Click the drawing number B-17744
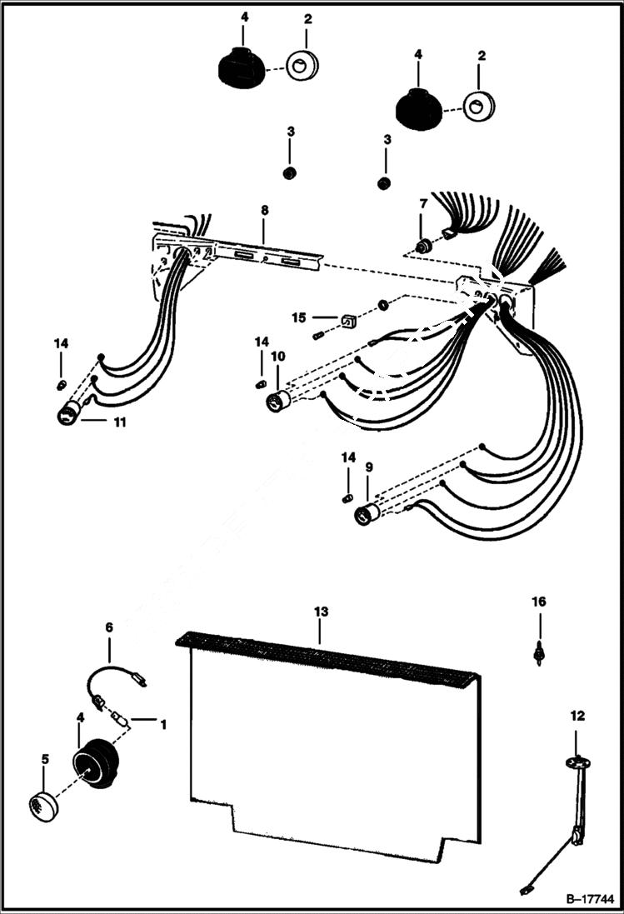[x=589, y=900]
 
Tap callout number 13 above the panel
[x=321, y=612]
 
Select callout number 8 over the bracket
[x=264, y=210]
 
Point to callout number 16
[x=539, y=602]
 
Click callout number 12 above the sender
[x=577, y=715]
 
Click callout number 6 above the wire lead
[x=108, y=627]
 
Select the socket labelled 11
[x=67, y=414]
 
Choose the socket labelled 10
[x=277, y=402]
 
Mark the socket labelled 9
[x=366, y=514]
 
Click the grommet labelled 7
[x=423, y=246]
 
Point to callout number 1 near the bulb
[x=163, y=725]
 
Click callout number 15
[x=298, y=317]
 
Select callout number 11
[x=120, y=422]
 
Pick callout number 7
[x=423, y=203]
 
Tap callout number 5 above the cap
[x=45, y=759]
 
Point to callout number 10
[x=277, y=357]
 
